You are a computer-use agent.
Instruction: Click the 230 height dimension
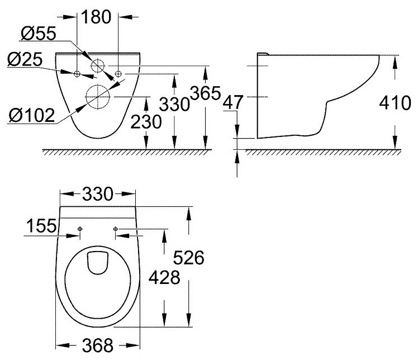(x=147, y=121)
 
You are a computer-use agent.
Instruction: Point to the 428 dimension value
(x=164, y=277)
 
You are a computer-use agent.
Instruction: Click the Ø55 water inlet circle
(x=98, y=65)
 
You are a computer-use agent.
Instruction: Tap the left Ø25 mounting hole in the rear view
(x=77, y=73)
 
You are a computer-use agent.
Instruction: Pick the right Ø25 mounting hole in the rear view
(x=118, y=73)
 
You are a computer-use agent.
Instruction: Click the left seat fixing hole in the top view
(x=80, y=229)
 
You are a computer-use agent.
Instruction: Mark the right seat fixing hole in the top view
(x=115, y=229)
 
